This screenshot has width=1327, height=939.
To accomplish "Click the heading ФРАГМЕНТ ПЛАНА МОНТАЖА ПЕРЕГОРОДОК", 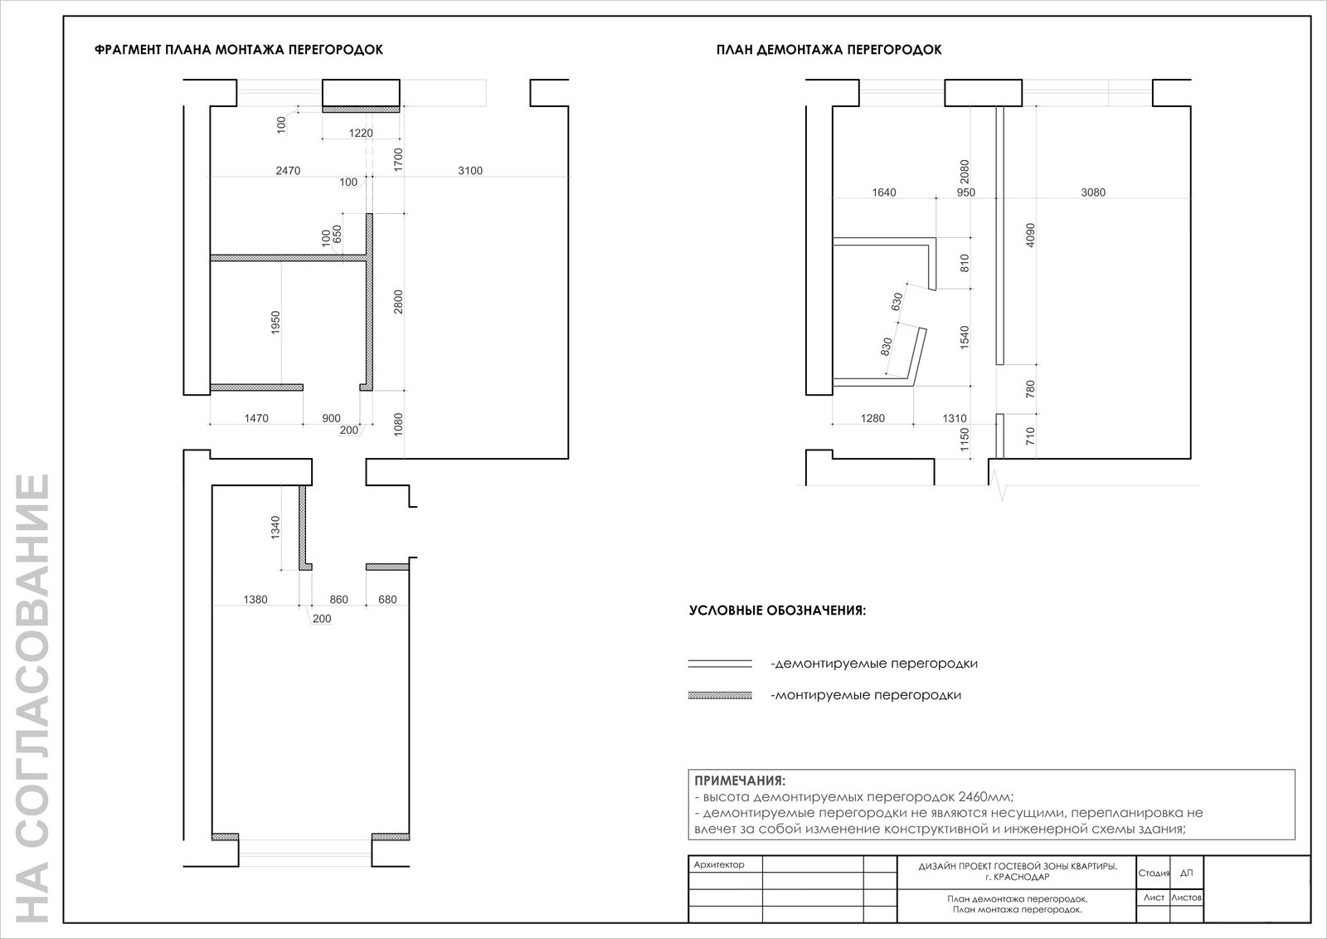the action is pos(239,50).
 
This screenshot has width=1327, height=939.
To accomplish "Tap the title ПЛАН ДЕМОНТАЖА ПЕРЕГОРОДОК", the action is pos(829,50).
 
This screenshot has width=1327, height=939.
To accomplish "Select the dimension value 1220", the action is pos(361,133).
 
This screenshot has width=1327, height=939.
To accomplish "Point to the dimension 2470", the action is pos(288,171).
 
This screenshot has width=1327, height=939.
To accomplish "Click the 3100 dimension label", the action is pos(470,171).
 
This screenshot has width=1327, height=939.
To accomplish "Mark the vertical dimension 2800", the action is pos(398,302).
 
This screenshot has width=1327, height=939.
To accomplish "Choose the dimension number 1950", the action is pos(275,323).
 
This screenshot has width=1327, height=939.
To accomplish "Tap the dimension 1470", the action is pos(256,418).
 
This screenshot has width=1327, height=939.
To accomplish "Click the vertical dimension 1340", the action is pos(275,528).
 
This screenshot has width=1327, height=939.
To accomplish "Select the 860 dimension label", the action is pos(339,600).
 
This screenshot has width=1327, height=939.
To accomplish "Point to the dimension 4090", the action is pos(1029,236).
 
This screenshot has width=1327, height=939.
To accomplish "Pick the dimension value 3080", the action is pos(1093,192).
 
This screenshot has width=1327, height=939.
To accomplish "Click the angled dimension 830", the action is pos(887,347).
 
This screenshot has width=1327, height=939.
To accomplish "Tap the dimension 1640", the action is pos(884,192).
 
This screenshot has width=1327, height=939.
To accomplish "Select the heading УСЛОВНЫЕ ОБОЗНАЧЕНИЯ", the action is pos(777,611).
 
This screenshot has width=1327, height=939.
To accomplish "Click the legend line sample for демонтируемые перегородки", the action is pos(720,664).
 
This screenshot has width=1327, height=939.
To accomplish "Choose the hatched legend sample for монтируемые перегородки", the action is pos(720,695).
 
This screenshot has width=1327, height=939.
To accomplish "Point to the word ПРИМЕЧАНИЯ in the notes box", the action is pos(740,781).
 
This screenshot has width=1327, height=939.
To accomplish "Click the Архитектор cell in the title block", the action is pos(718,865).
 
